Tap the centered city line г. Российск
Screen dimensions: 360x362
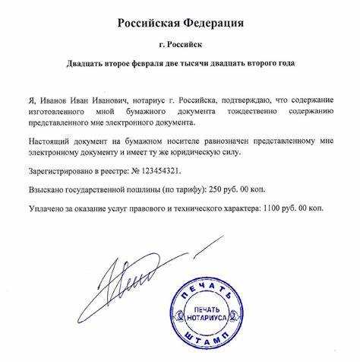(180, 45)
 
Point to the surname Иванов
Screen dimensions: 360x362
(48, 100)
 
